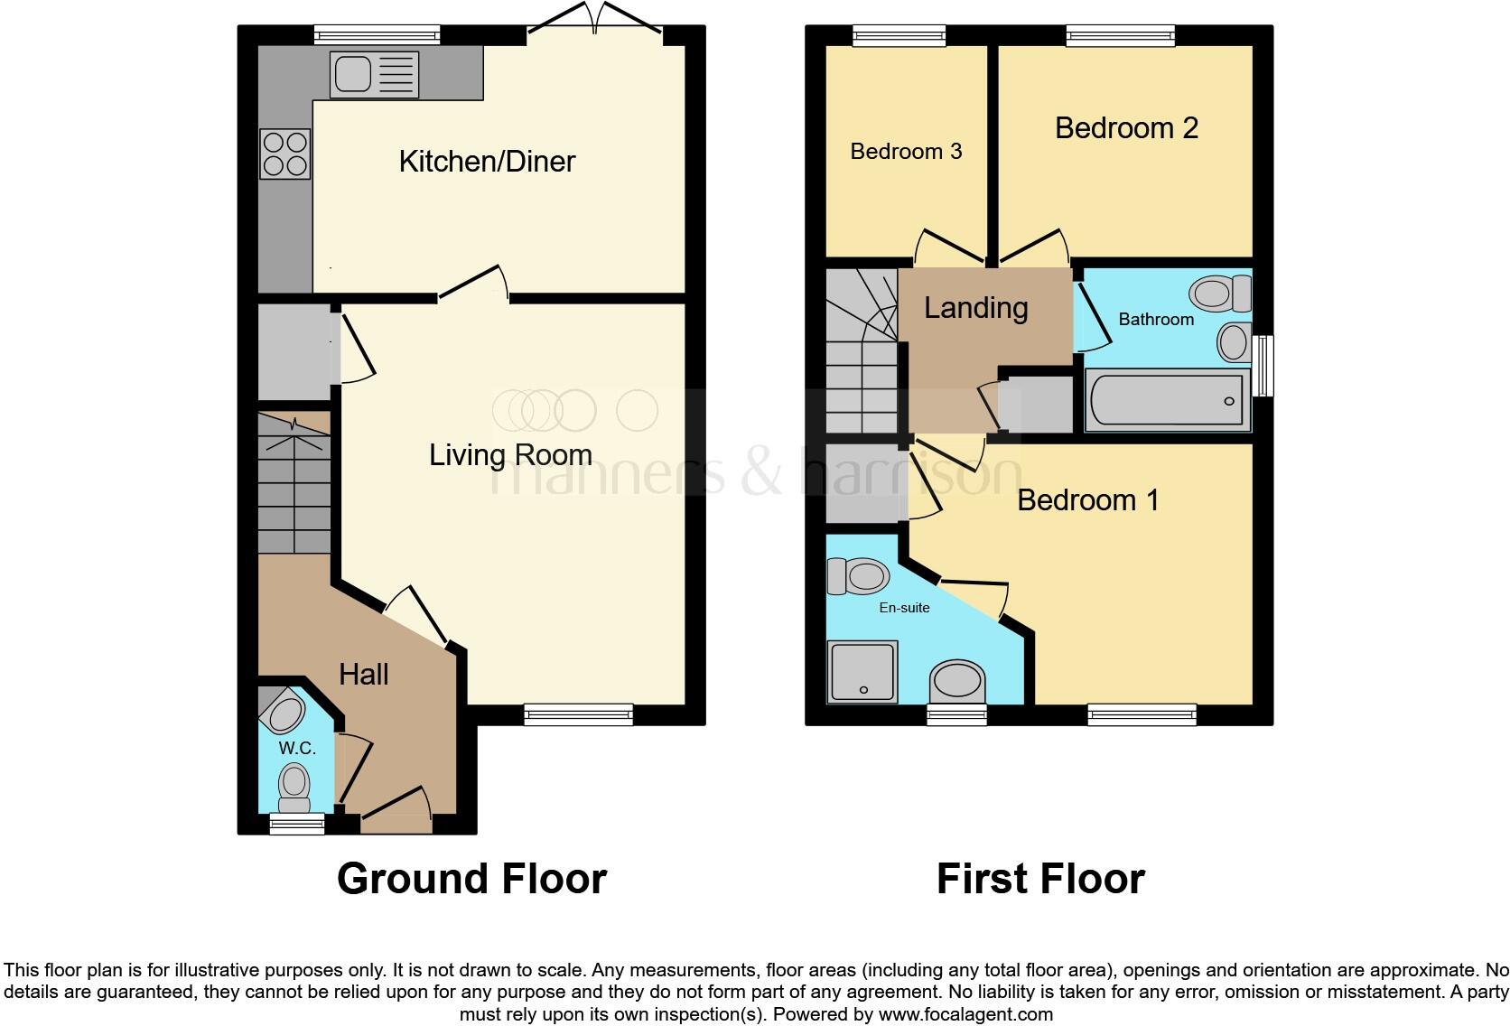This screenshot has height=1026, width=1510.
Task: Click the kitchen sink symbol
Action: [x=374, y=74]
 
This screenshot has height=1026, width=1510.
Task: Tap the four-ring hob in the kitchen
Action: [x=285, y=154]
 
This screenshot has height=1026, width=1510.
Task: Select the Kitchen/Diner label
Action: [x=487, y=162]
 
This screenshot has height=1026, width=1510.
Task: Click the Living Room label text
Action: [x=510, y=454]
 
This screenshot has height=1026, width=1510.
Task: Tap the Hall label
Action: [x=363, y=674]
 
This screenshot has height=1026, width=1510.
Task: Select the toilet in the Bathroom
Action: [x=1219, y=293]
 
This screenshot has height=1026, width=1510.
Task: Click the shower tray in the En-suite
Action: [x=862, y=671]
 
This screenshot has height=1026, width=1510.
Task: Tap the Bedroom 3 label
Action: [x=906, y=151]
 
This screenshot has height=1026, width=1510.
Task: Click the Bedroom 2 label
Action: [x=1126, y=128]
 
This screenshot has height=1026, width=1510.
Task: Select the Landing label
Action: [x=975, y=308]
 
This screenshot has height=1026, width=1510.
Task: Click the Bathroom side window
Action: [x=1266, y=366]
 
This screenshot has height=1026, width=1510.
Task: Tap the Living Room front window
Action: [x=578, y=715]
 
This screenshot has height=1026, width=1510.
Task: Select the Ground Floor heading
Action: [x=471, y=878]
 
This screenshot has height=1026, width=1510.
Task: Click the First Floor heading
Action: [x=1040, y=878]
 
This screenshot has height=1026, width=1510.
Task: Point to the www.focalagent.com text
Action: [x=965, y=1014]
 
